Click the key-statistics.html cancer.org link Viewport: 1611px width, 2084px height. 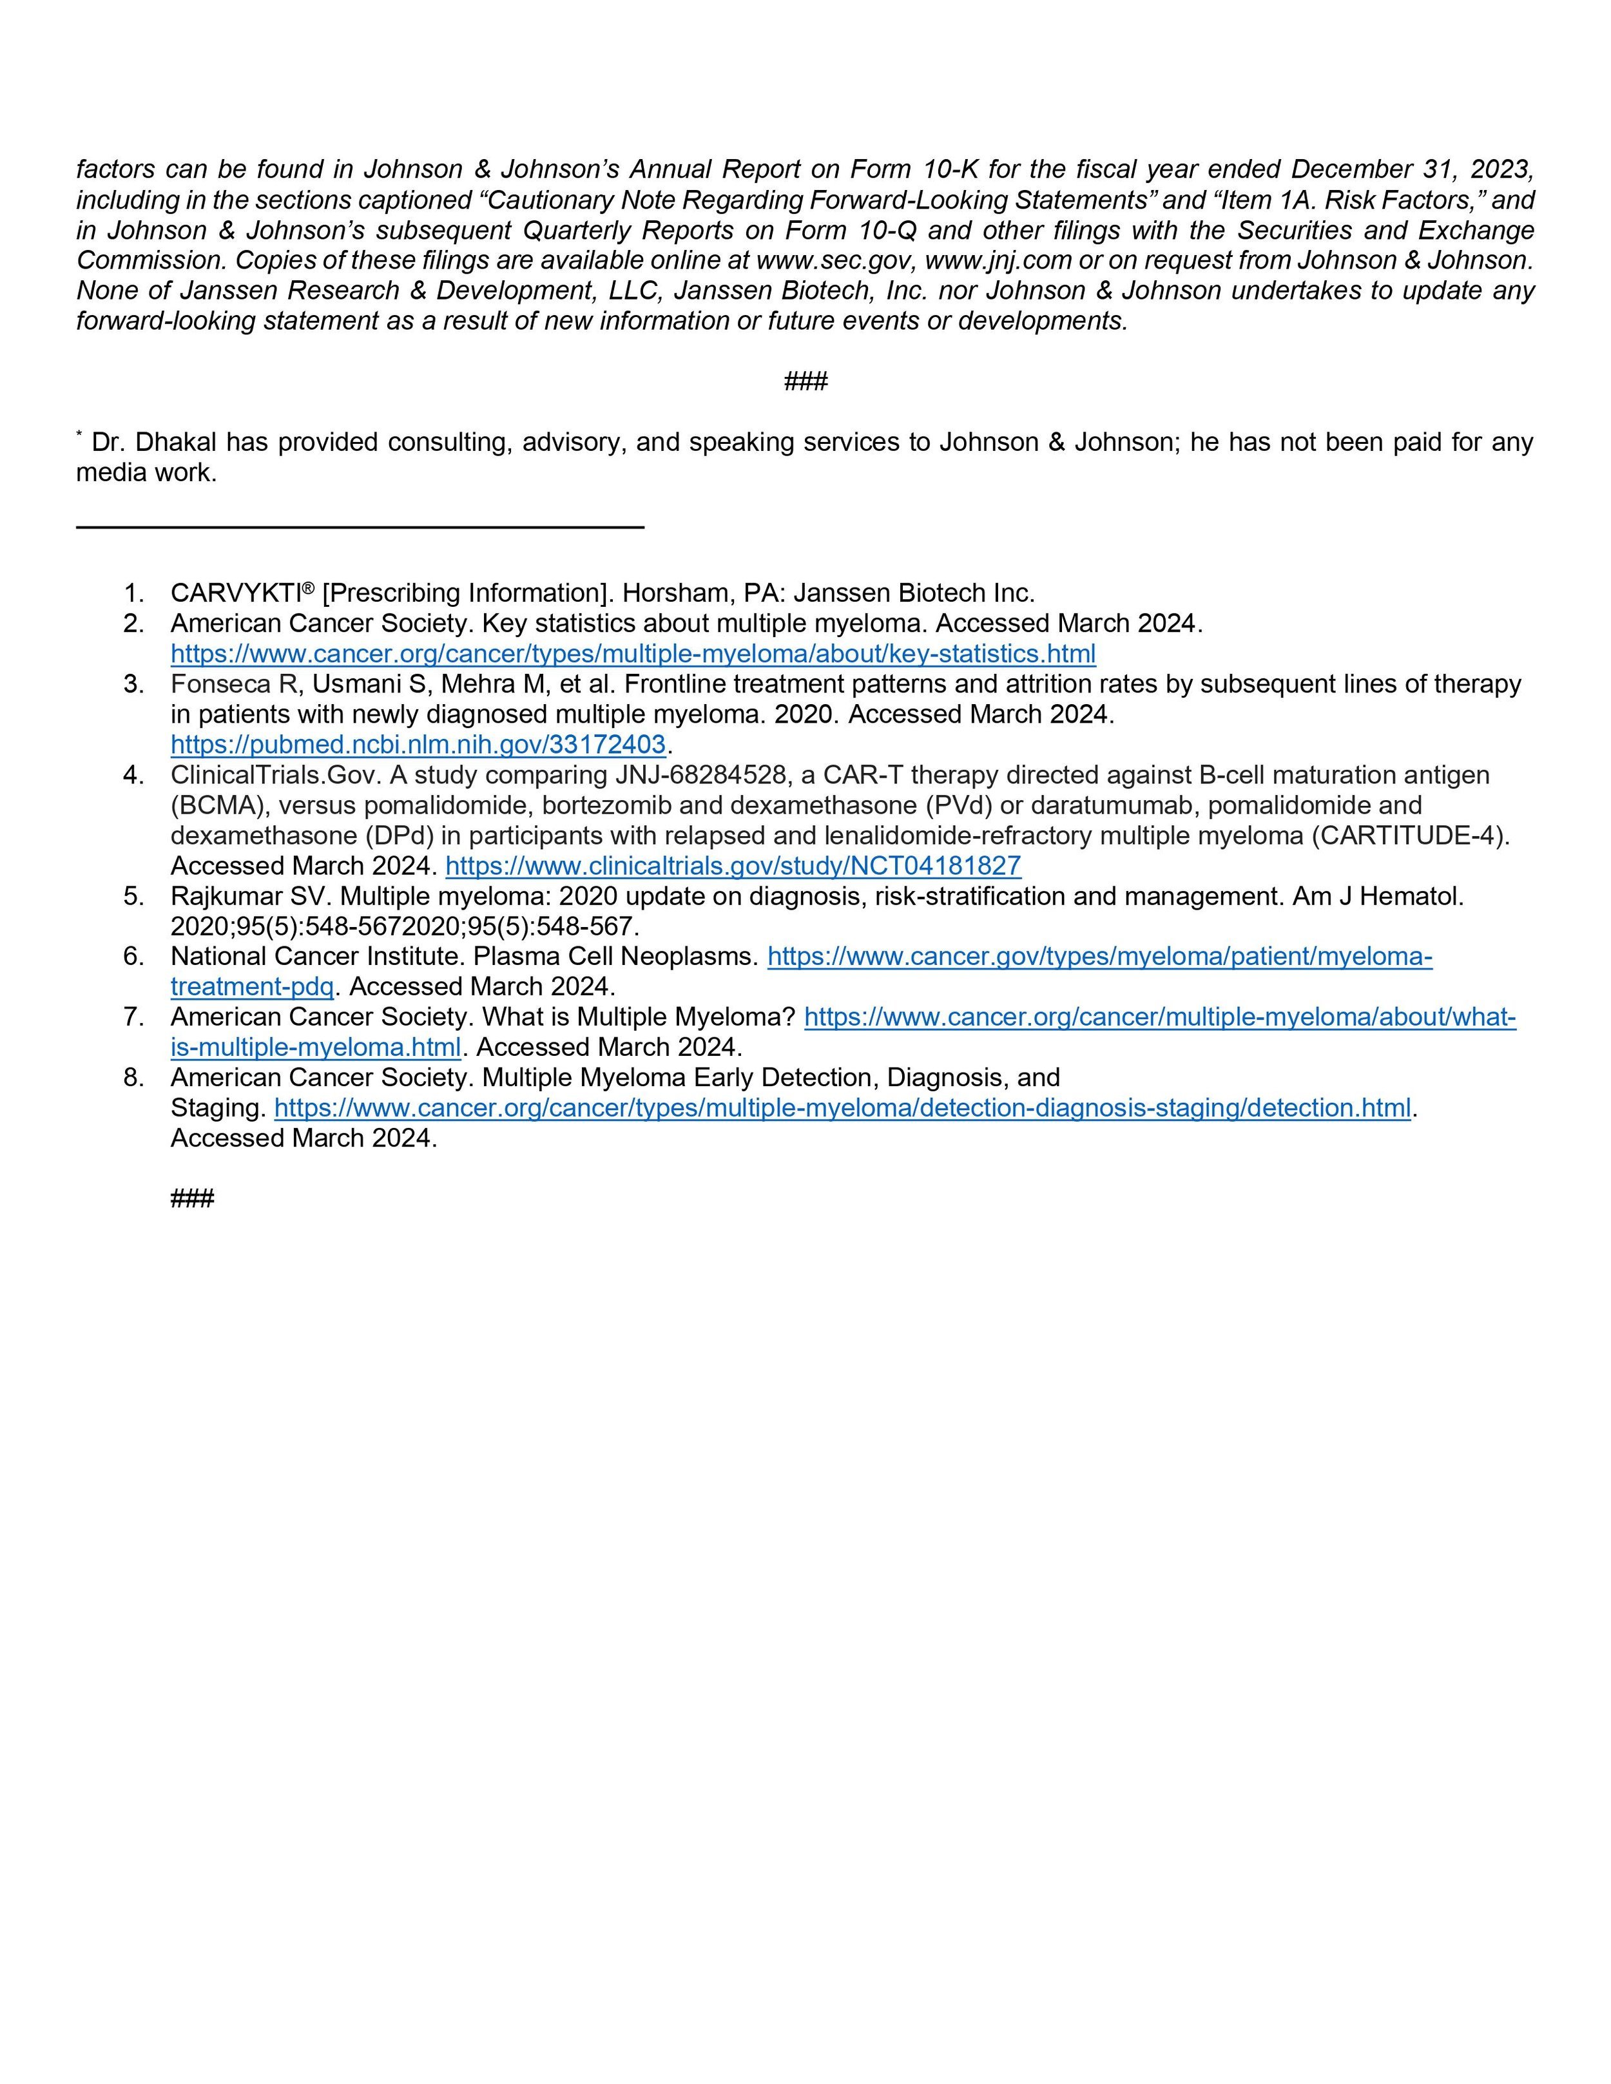[633, 654]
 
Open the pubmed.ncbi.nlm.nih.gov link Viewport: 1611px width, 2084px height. [417, 744]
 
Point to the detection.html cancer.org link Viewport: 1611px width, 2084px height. [842, 1108]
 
